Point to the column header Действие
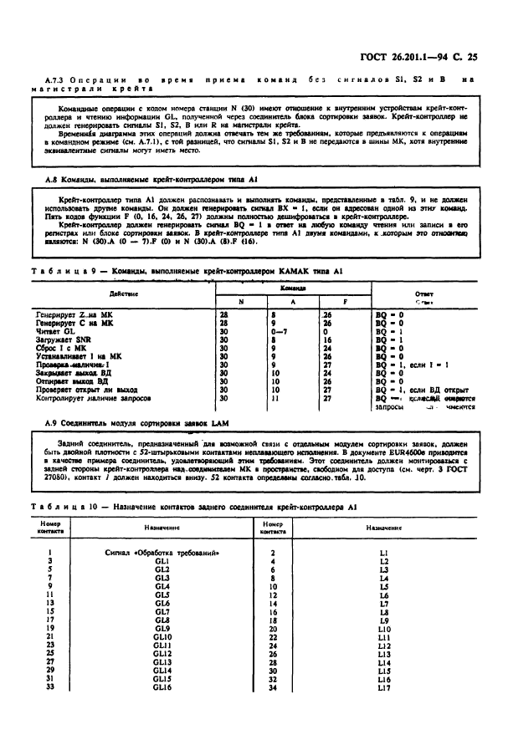[x=123, y=294]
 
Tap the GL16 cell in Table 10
[x=162, y=686]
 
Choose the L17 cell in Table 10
[x=384, y=686]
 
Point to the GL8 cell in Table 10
[x=162, y=620]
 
